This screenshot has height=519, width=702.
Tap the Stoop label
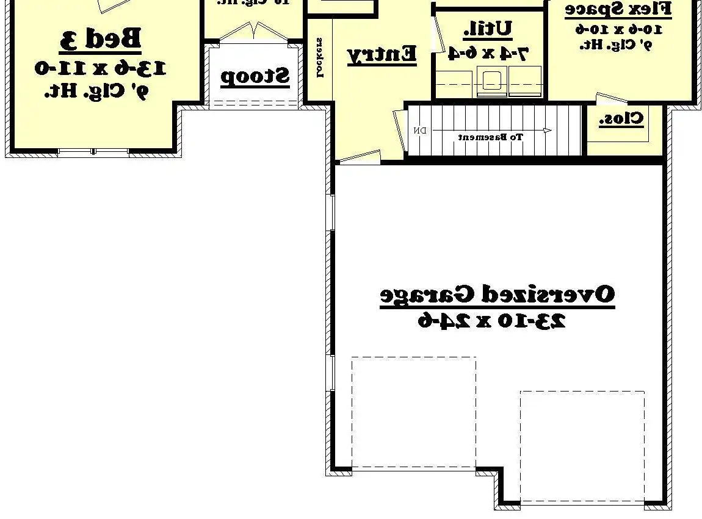(x=255, y=77)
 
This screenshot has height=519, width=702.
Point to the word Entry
(x=382, y=54)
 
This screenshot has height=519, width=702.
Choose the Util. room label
(x=488, y=29)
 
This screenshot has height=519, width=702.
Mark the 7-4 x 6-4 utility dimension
(x=488, y=53)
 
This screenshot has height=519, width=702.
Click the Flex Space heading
(x=618, y=9)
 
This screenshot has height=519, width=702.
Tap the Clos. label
(x=621, y=119)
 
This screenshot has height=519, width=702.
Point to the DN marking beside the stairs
(x=420, y=131)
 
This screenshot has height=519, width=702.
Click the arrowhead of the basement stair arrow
(x=548, y=131)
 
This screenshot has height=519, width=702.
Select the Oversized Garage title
(x=497, y=295)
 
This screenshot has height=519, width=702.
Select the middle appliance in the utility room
(x=491, y=84)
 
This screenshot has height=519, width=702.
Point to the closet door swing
(x=610, y=99)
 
